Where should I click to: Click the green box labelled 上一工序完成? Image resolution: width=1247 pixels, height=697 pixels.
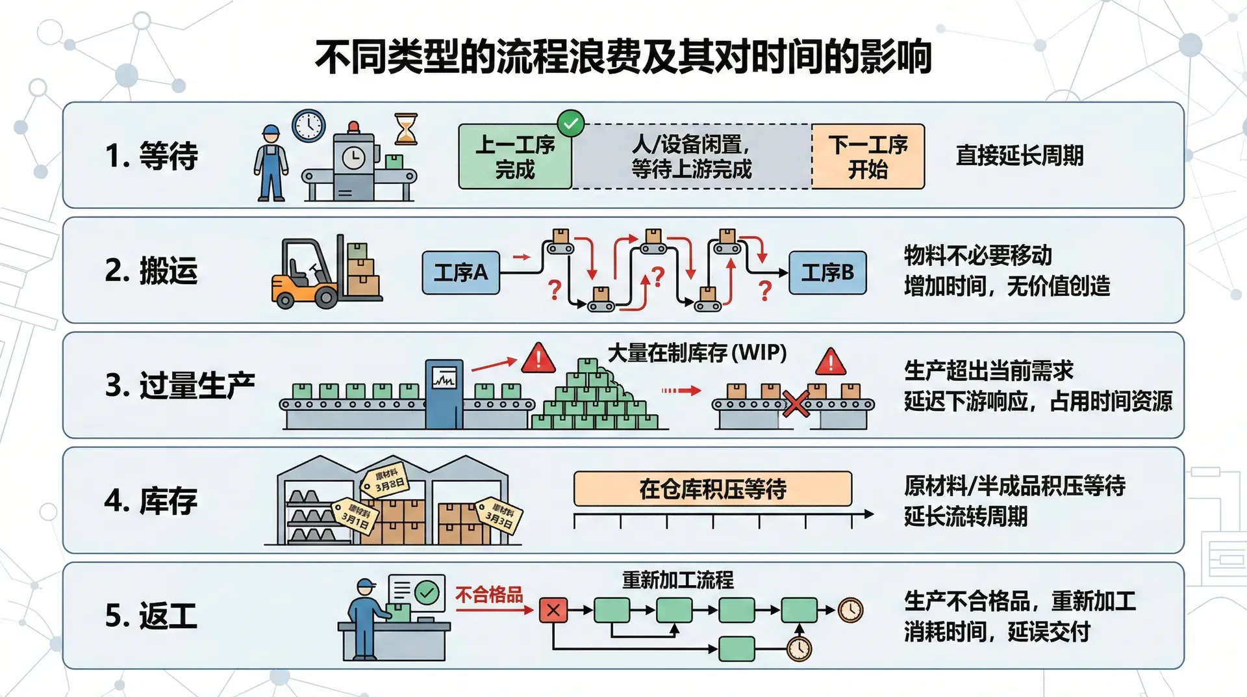515,157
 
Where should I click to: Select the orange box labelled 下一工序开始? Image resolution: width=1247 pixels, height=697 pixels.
868,157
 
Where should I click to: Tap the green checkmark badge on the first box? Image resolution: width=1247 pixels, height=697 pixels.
571,123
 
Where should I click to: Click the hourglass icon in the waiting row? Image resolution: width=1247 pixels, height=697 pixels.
406,128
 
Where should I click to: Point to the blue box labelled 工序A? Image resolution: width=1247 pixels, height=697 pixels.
460,272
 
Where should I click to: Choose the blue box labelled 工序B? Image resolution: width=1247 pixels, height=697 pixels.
827,272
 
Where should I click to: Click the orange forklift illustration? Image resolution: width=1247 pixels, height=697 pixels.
305,276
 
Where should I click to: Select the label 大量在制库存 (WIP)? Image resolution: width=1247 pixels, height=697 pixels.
697,353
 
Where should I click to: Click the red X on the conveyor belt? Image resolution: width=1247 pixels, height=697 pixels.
795,403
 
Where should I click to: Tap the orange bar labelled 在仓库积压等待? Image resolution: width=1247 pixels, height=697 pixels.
712,489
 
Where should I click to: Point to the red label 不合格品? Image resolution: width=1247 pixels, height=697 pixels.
489,595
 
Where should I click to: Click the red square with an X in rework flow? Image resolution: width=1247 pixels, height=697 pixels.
553,610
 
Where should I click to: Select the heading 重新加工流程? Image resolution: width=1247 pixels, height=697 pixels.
677,580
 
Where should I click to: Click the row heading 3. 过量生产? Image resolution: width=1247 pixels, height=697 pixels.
179,386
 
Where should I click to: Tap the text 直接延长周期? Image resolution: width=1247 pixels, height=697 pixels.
1019,156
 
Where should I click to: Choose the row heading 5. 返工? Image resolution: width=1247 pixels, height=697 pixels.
151,616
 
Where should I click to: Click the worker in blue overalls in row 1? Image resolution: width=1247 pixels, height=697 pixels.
271,164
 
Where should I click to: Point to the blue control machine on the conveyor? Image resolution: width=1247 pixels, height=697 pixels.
444,393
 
